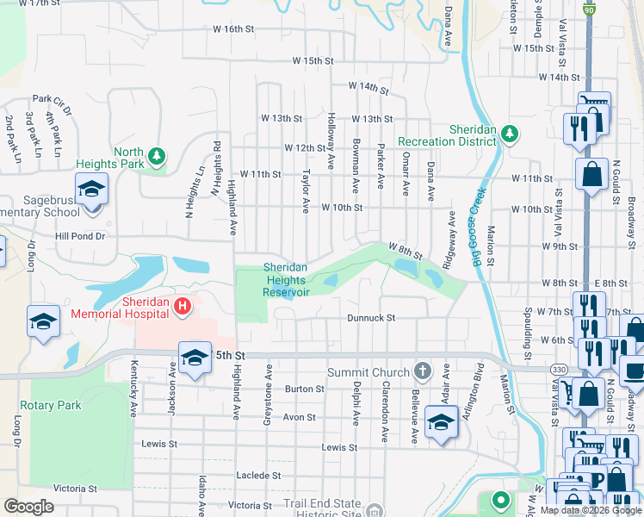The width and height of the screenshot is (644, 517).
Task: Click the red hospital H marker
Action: click(182, 306)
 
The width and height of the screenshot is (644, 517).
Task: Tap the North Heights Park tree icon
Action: click(156, 155)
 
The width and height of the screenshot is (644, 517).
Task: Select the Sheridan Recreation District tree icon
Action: click(510, 134)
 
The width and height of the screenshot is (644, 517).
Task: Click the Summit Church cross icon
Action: click(421, 371)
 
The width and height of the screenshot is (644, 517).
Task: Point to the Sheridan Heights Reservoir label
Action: click(286, 279)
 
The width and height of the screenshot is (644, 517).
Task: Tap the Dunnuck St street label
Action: click(370, 318)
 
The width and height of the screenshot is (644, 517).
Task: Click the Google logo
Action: click(28, 507)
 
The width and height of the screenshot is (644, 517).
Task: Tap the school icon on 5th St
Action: click(195, 357)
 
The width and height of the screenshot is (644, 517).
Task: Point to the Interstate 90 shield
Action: click(588, 9)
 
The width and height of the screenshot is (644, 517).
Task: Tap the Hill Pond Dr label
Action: click(79, 235)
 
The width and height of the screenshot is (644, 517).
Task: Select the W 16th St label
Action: click(234, 28)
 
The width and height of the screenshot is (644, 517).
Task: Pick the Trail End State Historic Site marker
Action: click(373, 509)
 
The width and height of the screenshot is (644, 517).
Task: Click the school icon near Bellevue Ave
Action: click(441, 423)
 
